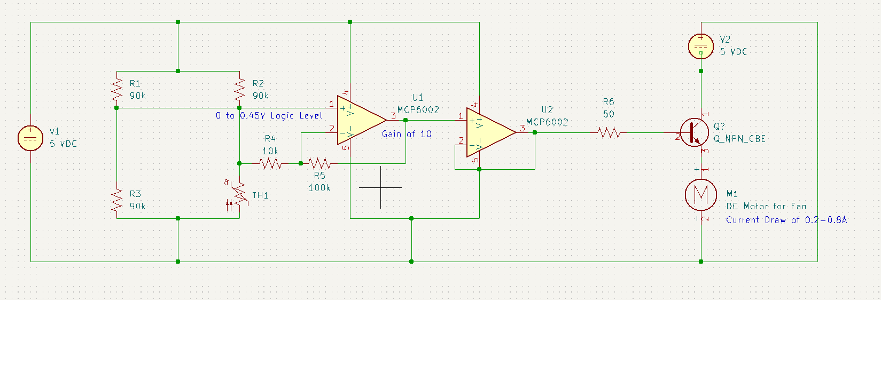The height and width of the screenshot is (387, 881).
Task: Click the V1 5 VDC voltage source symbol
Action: (30, 138)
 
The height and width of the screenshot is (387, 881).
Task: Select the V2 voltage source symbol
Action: (700, 46)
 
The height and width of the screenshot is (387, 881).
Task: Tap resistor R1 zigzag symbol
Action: (116, 90)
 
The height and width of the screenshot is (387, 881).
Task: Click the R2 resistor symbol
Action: (239, 90)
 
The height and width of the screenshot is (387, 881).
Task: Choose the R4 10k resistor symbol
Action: (270, 163)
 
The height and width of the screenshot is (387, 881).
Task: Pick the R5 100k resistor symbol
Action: (319, 163)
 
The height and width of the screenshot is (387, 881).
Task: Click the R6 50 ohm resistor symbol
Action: (608, 133)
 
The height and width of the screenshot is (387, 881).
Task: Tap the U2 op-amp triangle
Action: (487, 132)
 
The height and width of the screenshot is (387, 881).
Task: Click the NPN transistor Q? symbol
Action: (695, 132)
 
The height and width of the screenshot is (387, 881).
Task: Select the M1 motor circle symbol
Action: (700, 194)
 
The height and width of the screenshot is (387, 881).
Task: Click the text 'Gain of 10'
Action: (406, 134)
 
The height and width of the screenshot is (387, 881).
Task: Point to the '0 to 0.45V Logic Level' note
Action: (269, 116)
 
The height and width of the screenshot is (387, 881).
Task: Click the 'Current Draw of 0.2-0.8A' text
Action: (786, 220)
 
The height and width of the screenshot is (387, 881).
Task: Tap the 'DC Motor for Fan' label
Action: (766, 206)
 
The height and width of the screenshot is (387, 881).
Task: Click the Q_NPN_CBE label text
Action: (739, 139)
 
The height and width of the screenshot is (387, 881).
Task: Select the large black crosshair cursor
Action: (380, 187)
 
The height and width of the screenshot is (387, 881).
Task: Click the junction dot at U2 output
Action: (535, 132)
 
